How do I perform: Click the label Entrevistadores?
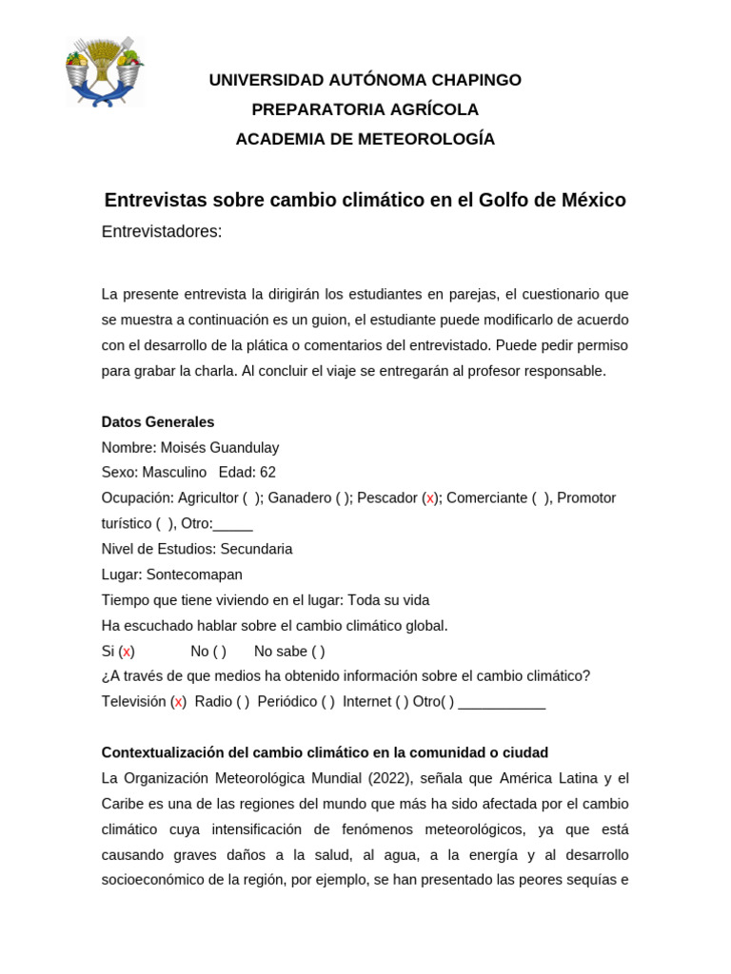[x=162, y=232]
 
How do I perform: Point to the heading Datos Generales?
[x=158, y=421]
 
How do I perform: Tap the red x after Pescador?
[x=429, y=498]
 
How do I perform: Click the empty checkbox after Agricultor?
[x=250, y=498]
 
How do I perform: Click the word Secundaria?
[x=256, y=549]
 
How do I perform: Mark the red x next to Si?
[x=127, y=652]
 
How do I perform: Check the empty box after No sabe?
[x=317, y=652]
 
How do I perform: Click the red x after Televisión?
[x=178, y=702]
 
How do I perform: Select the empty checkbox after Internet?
[x=401, y=702]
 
